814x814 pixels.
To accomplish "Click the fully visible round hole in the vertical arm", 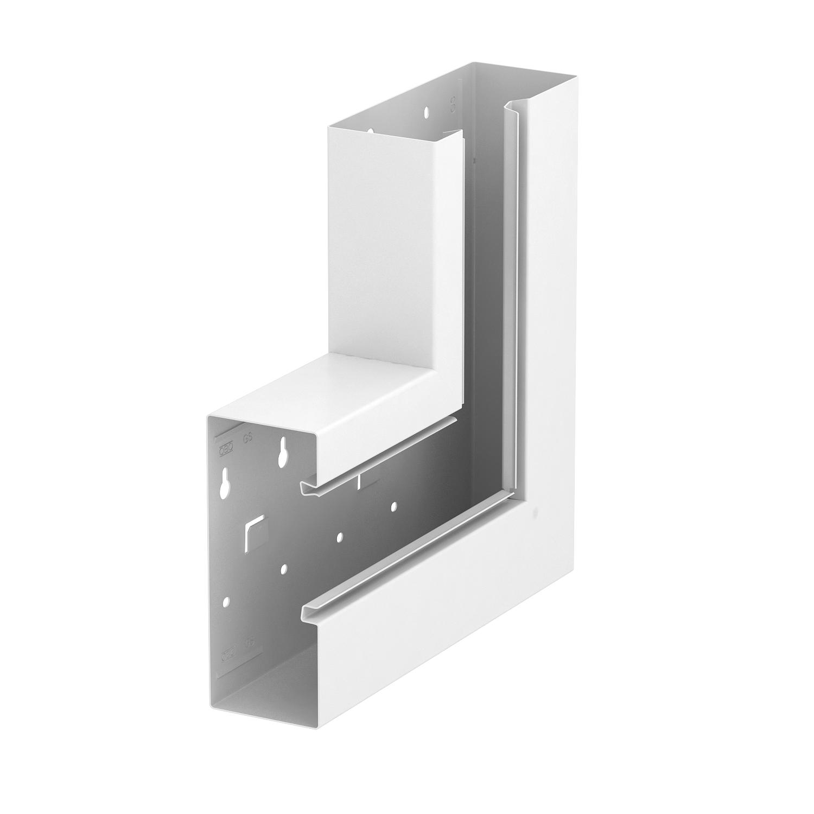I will pyautogui.click(x=427, y=112).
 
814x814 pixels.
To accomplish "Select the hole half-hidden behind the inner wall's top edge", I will pyautogui.click(x=371, y=130).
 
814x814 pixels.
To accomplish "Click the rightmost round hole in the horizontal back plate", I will pyautogui.click(x=394, y=506).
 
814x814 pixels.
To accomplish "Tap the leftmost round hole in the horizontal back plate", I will pyautogui.click(x=226, y=602).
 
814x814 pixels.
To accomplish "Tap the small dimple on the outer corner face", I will pyautogui.click(x=536, y=511).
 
